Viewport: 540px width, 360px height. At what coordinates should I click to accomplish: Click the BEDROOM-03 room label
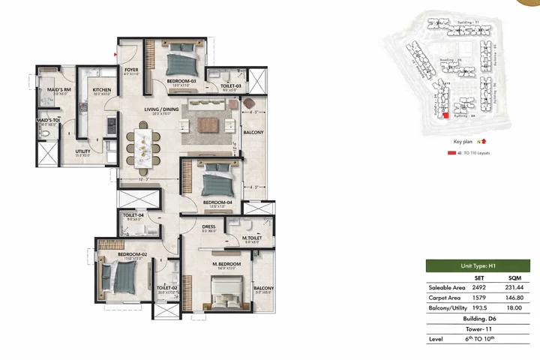[x=181, y=80]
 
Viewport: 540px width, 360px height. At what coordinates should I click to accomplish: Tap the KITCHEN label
[x=102, y=89]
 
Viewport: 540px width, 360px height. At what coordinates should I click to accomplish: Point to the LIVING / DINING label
[x=162, y=109]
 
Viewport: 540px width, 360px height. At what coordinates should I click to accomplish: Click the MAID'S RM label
[x=58, y=89]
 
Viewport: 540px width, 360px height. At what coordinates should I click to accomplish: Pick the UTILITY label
[x=82, y=151]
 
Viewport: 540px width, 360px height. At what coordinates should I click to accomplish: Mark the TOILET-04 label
[x=133, y=215]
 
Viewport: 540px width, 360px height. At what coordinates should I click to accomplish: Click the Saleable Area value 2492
[x=479, y=287]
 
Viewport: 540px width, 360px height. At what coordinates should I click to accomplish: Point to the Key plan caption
[x=463, y=141]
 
